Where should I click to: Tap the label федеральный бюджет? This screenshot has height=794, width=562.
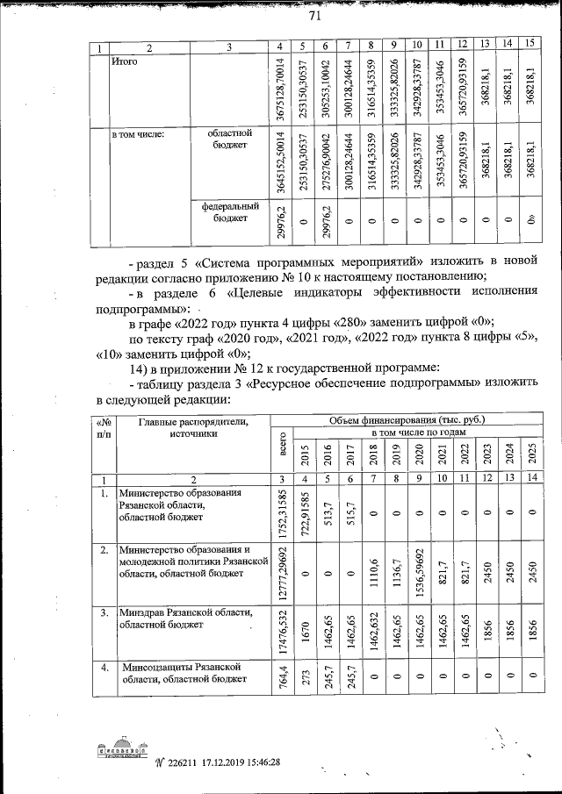coord(229,212)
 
